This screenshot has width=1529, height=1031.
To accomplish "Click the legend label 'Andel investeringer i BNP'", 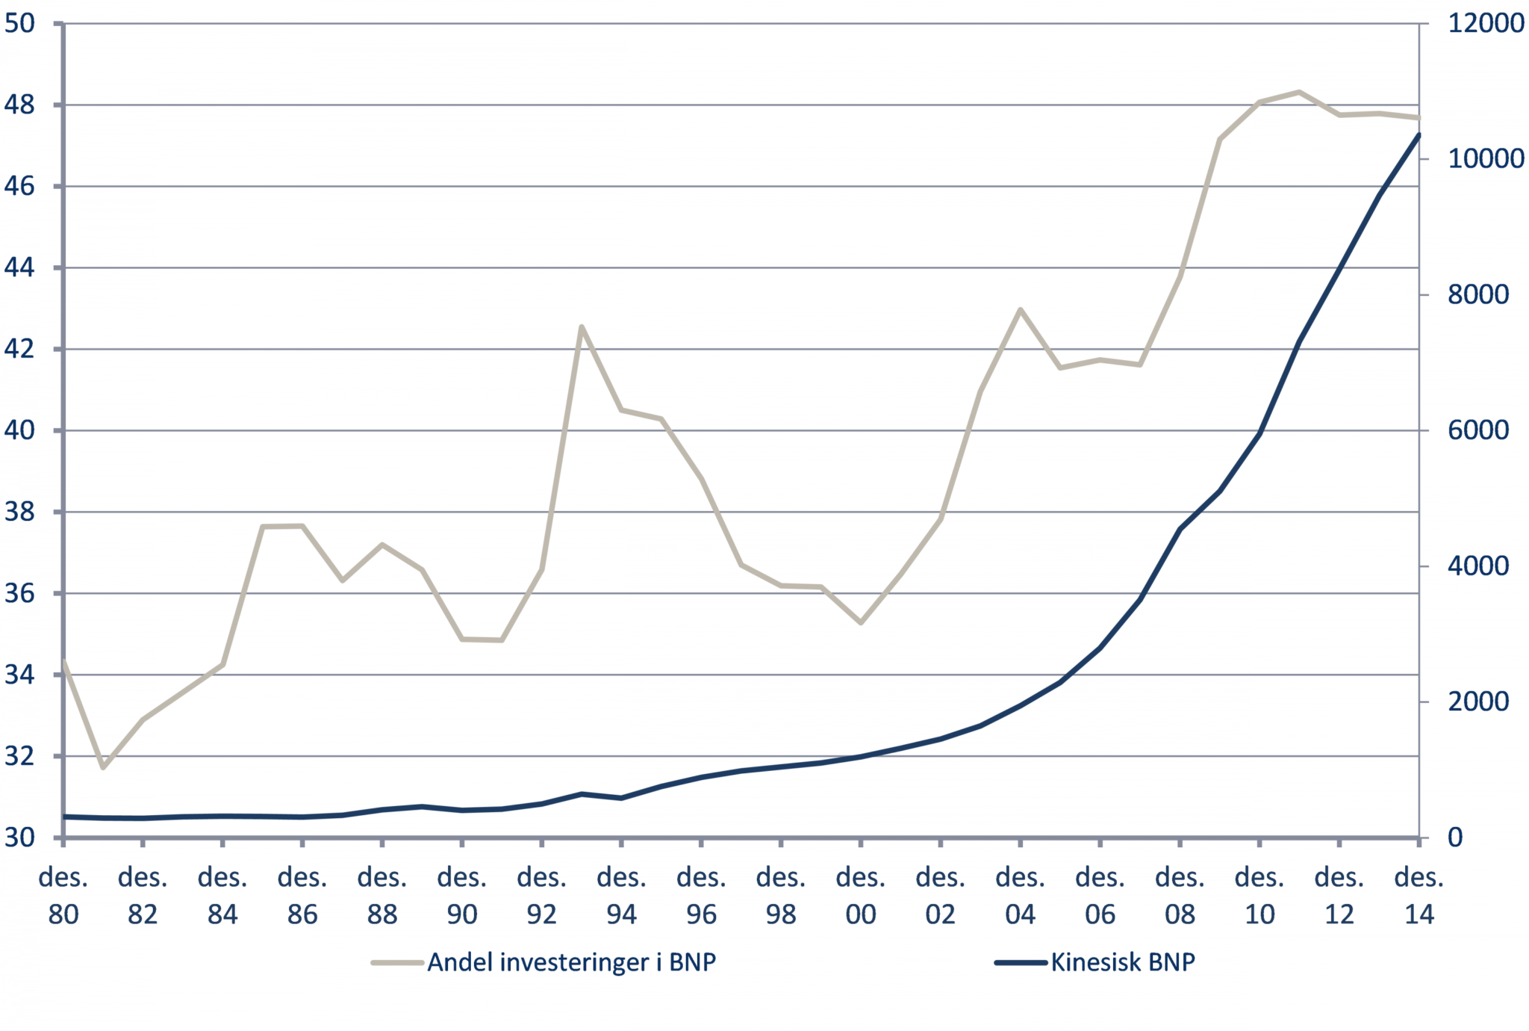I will coord(571,962).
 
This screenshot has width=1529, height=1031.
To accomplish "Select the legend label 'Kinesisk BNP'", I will coord(1122,962).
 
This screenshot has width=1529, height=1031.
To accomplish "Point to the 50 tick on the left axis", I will coord(19,23).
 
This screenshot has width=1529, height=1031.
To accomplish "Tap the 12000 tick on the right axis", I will coord(1486,23).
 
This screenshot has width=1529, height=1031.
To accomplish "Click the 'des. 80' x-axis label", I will coord(63,896).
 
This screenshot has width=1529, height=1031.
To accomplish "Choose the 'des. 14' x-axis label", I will coord(1419,896).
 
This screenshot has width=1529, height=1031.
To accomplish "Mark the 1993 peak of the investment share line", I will coord(582,326).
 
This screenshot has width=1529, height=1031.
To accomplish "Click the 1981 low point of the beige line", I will coord(103,767).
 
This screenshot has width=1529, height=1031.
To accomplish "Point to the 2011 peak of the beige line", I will coord(1299,92).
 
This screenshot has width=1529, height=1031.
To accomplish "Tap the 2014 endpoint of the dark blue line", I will coord(1419,134).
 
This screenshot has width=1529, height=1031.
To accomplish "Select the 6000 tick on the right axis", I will coord(1478,430).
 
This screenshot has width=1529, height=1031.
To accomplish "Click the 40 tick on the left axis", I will coord(19,430).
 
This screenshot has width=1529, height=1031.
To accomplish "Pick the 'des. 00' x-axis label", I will coord(860,896).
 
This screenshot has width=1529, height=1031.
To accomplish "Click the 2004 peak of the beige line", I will coord(1020,309).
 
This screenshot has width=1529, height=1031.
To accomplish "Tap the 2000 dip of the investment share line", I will coord(860,622).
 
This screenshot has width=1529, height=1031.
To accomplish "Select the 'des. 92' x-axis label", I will coord(541,896).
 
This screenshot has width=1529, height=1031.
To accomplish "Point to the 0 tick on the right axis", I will coord(1455,838).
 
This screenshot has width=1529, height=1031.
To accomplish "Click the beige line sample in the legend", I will coord(397,962).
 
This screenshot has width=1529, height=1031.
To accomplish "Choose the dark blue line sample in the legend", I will coord(1021,962).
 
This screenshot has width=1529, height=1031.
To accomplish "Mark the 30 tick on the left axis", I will coord(19,838).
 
